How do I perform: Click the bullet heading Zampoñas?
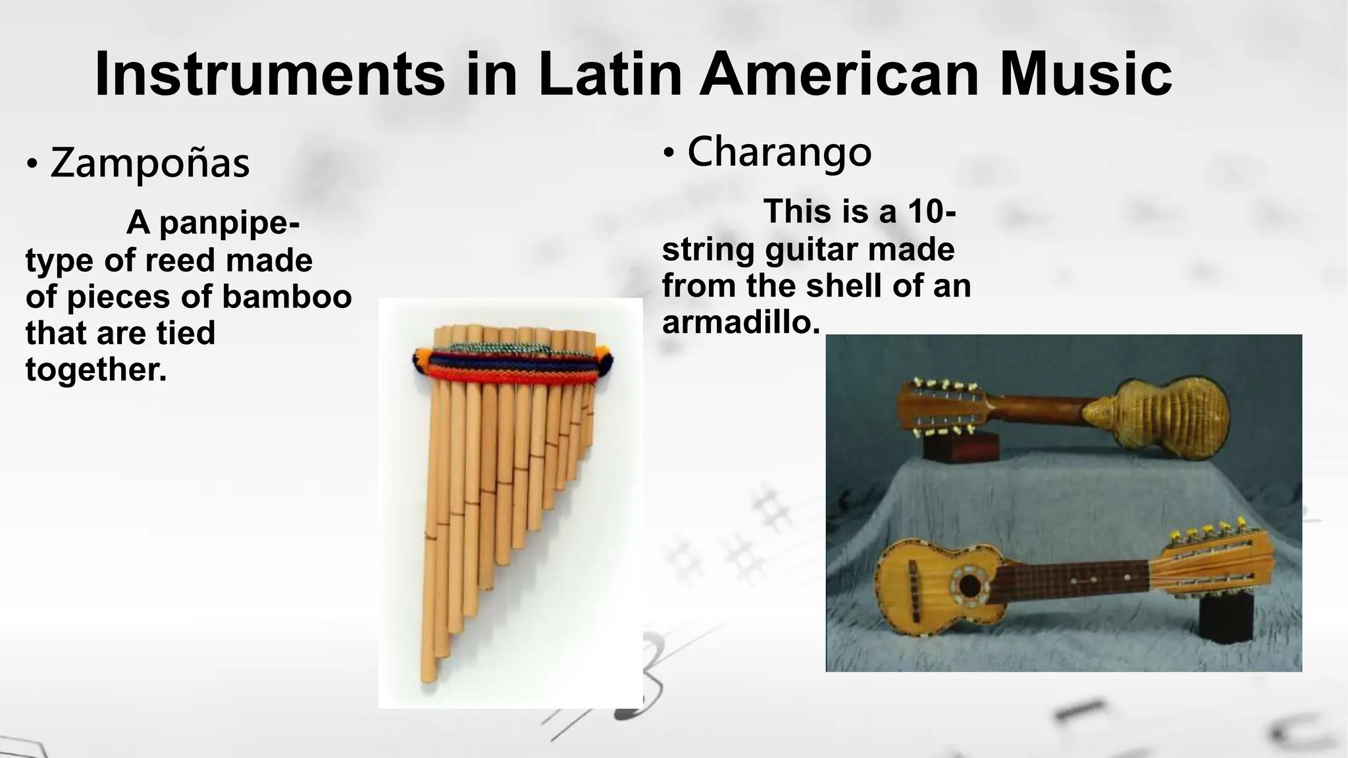pyautogui.click(x=149, y=164)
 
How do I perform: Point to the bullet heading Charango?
pyautogui.click(x=779, y=153)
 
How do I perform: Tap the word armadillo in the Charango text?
pyautogui.click(x=740, y=322)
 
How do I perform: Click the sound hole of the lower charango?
pyautogui.click(x=969, y=584)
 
